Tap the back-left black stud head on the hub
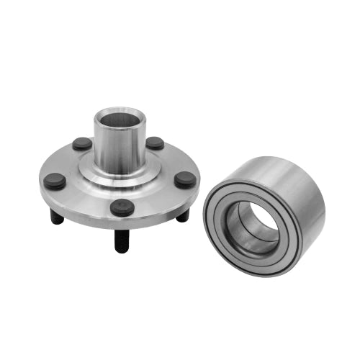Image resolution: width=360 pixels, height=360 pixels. [x=82, y=143]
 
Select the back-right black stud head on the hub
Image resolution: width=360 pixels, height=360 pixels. [x=155, y=143]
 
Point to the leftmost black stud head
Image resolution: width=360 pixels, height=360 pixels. [x=55, y=181]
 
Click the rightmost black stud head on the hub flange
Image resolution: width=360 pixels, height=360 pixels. [x=185, y=180]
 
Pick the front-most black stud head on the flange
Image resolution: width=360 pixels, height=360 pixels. [x=122, y=208]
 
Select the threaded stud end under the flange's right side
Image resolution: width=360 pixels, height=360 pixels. [x=183, y=215]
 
